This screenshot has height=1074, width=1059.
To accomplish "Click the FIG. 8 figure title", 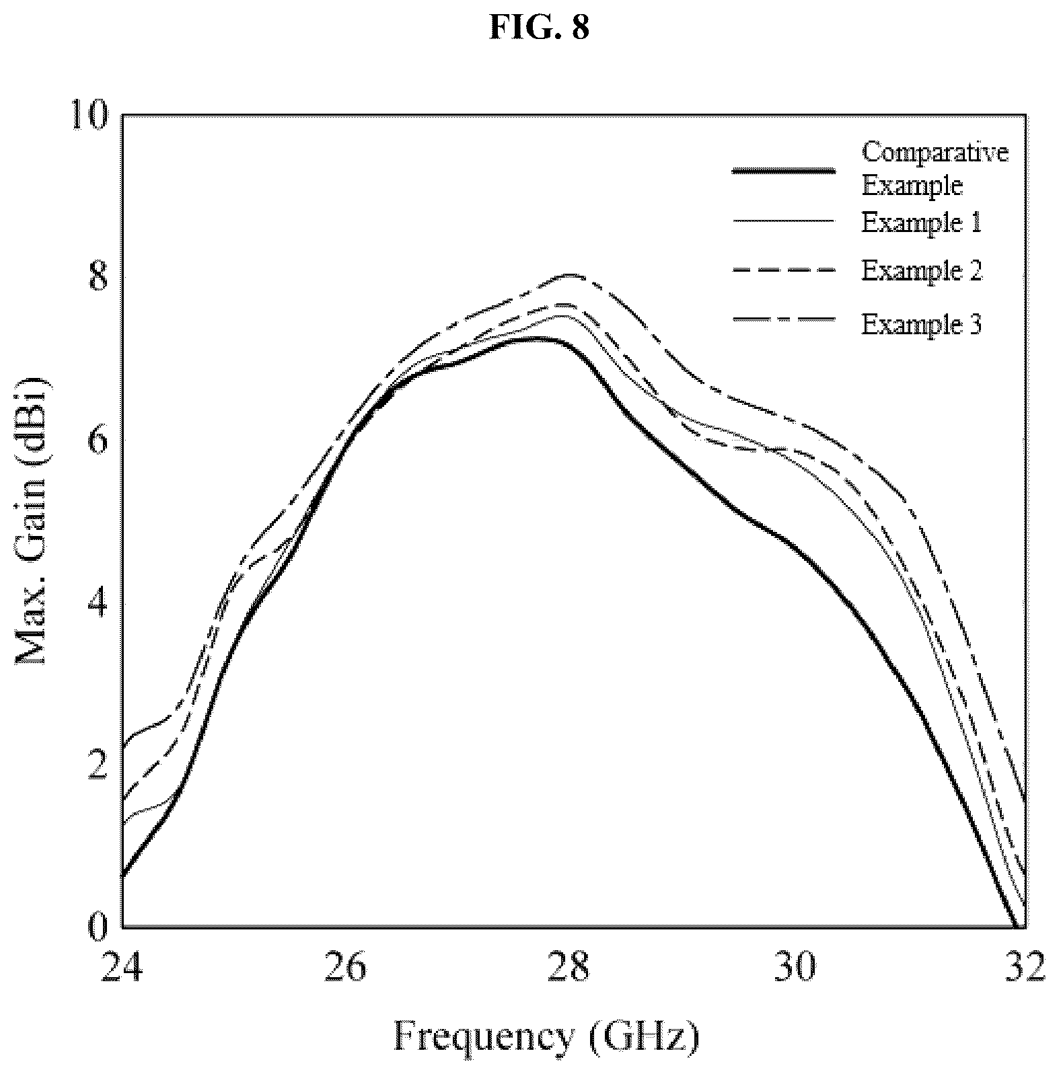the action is point(539,28).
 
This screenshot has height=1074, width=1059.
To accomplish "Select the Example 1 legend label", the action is point(922,222).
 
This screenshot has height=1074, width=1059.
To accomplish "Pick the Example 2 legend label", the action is point(922,270).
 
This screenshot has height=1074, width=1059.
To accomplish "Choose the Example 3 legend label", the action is point(922,324).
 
